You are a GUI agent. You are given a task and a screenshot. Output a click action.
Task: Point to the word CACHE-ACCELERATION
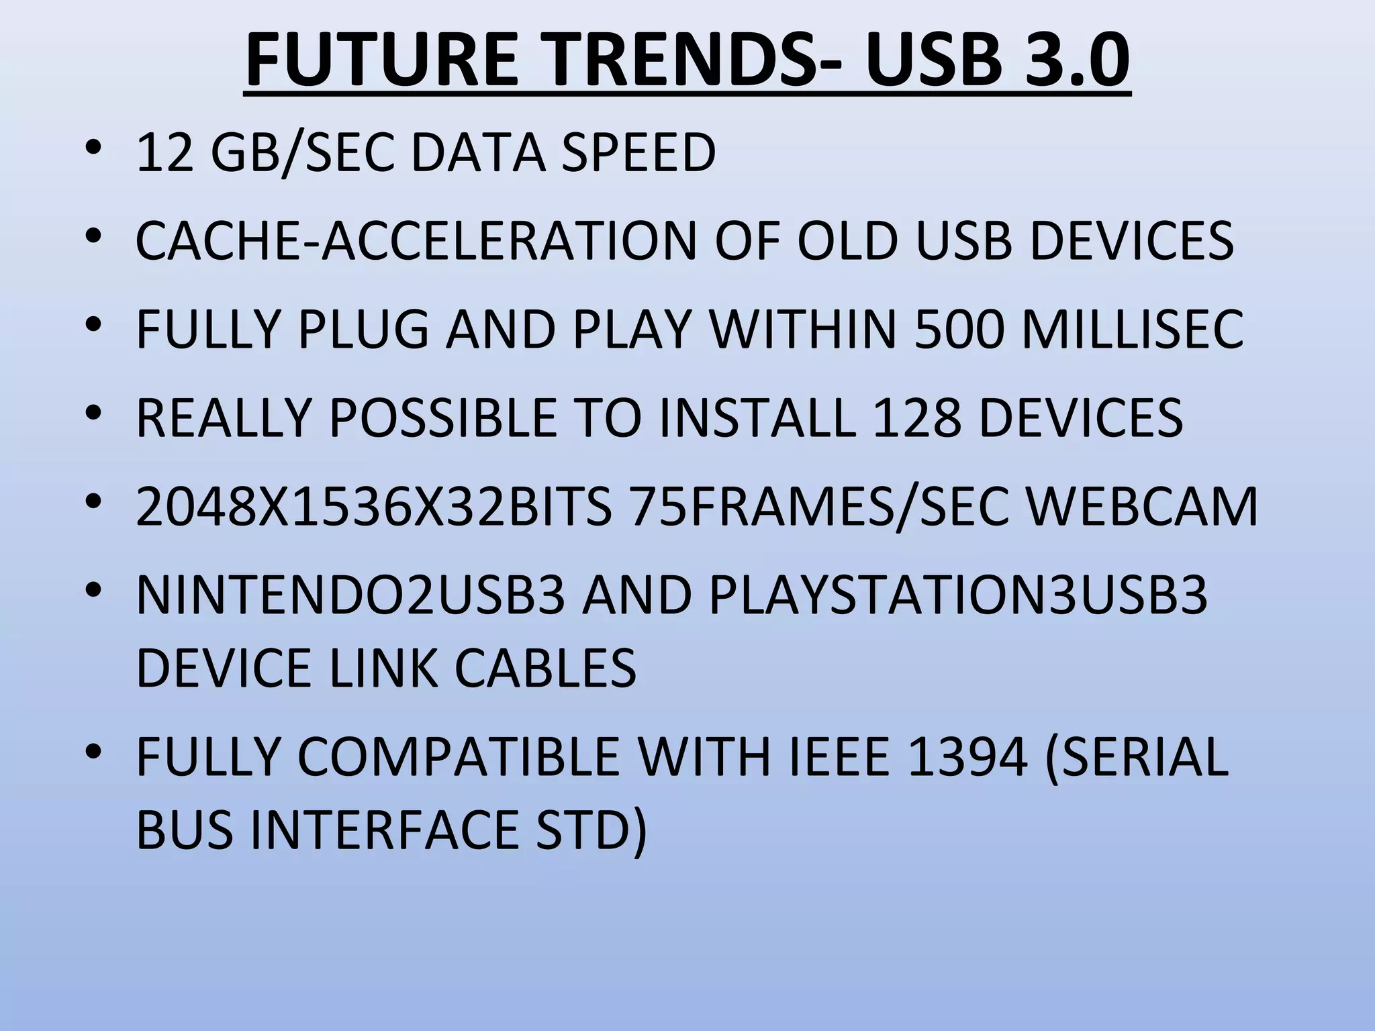coord(416,240)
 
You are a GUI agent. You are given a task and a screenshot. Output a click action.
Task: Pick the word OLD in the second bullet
coord(847,240)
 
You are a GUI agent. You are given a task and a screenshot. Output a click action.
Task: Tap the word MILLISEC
coord(1132,329)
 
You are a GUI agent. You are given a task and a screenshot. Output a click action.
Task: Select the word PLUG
coord(363,329)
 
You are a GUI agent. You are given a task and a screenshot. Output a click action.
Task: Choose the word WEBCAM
coord(1143,506)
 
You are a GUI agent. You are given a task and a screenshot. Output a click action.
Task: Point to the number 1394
coord(967,756)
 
